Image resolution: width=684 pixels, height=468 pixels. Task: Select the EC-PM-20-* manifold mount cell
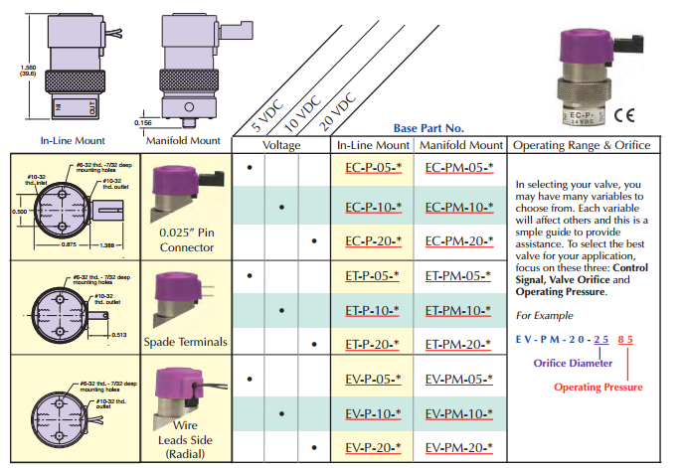pos(459,241)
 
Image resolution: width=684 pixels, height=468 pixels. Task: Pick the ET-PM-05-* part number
pos(459,275)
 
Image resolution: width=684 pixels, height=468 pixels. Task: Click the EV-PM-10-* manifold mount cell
pos(459,411)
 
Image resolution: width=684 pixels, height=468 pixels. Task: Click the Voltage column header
pos(281,146)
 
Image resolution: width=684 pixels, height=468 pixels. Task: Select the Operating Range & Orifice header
pos(582,146)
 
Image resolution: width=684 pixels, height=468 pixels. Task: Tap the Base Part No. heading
pos(428,128)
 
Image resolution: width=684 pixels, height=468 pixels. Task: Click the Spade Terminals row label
pos(186,342)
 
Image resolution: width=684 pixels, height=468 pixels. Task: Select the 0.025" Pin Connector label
pos(186,239)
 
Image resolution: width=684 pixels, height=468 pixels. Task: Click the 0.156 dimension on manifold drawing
pos(143,122)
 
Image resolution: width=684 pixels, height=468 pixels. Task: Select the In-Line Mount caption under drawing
pos(74,141)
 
